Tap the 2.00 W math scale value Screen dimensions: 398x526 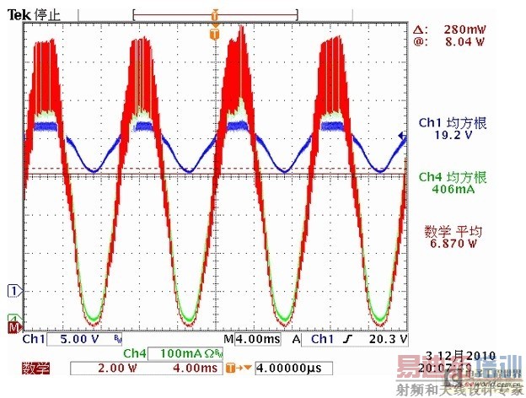(x=110, y=368)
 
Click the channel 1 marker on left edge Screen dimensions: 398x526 (x=13, y=291)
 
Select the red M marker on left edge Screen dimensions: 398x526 (x=13, y=326)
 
